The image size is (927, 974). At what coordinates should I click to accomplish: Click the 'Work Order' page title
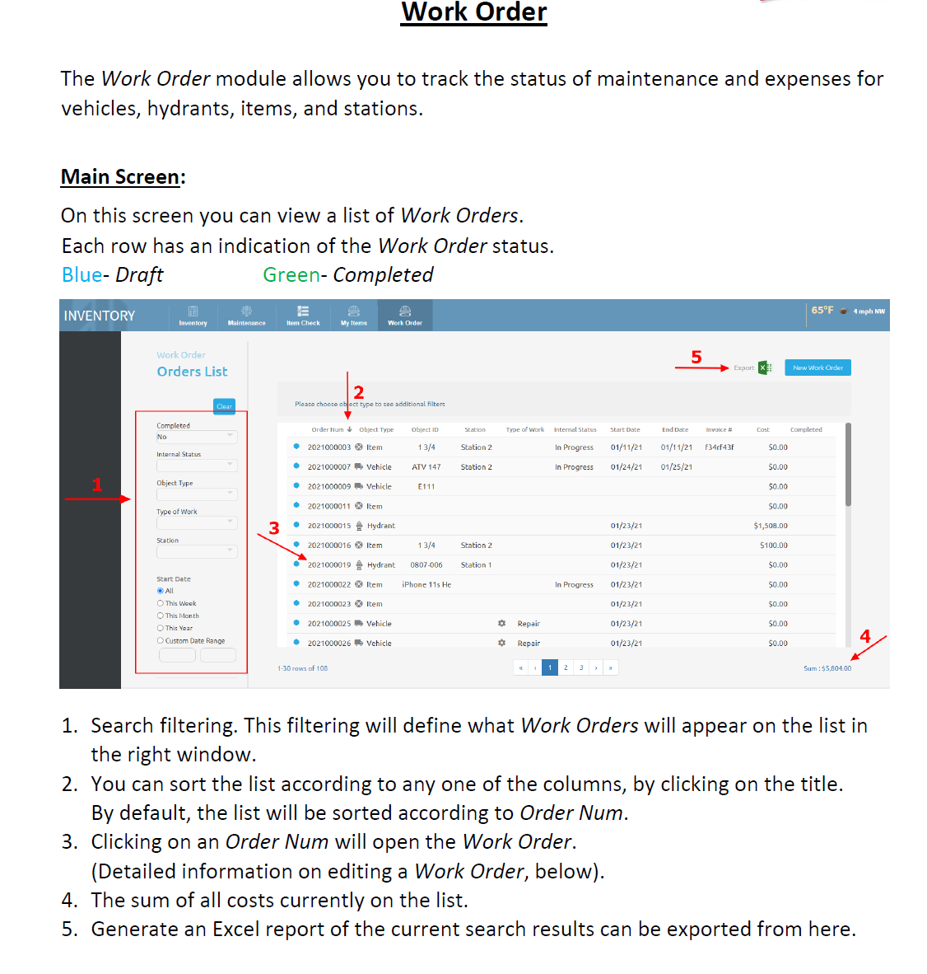[473, 12]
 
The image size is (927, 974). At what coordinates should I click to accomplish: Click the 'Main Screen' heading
[120, 177]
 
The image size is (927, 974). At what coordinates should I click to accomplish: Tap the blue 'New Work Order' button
[817, 368]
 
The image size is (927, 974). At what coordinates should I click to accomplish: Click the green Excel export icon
[765, 368]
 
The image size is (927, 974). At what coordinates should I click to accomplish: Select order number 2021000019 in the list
[329, 565]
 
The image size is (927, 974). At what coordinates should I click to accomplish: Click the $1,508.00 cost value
[770, 526]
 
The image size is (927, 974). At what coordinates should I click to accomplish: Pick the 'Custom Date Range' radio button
[161, 640]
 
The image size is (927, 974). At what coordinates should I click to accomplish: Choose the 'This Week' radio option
[161, 603]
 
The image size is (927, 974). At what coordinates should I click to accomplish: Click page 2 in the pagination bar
[566, 667]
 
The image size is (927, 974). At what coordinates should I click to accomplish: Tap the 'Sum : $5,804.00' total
[827, 668]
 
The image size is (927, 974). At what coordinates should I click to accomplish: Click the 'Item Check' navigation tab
[303, 316]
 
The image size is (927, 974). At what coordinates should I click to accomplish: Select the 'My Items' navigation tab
[354, 316]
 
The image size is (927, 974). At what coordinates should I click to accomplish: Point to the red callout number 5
[696, 357]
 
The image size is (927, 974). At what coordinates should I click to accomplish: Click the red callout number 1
[97, 485]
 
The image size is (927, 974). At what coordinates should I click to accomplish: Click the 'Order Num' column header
[328, 429]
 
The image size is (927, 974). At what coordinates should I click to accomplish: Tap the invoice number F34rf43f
[719, 447]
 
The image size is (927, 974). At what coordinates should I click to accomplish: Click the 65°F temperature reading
[822, 311]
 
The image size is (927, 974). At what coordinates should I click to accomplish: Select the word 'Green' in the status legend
[291, 275]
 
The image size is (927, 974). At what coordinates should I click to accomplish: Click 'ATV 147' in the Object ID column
[426, 467]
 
